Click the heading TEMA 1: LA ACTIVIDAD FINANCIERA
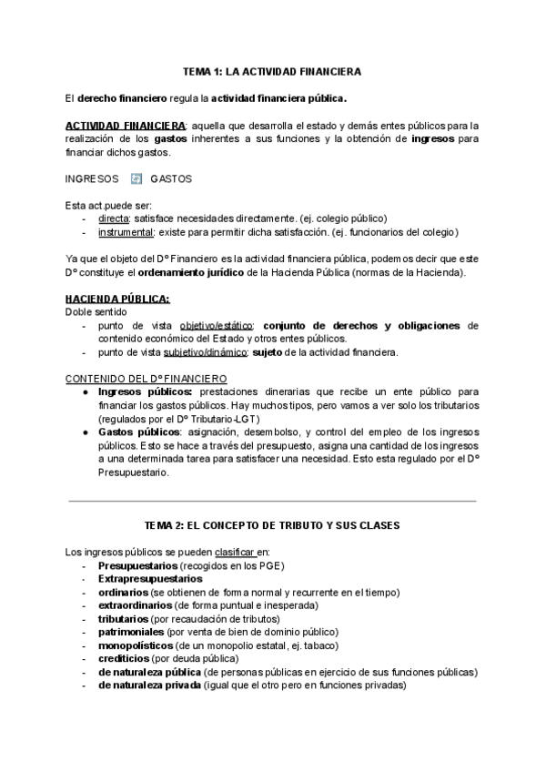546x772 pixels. tap(272, 71)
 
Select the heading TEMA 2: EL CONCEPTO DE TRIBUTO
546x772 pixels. tap(272, 526)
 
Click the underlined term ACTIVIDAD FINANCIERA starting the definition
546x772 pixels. tap(126, 125)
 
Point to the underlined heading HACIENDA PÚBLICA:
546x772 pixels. tap(117, 299)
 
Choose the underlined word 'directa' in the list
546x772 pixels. tap(114, 218)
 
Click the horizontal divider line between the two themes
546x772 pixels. tap(272, 500)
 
